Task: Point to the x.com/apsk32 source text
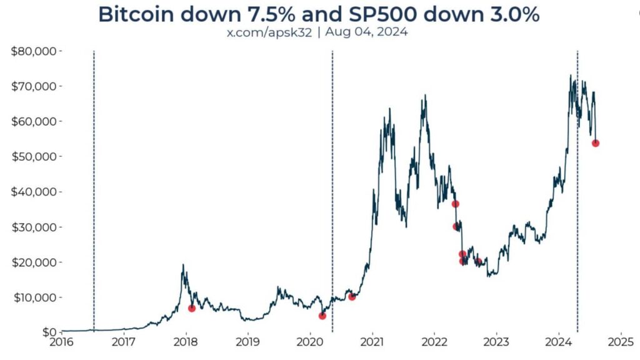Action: pyautogui.click(x=269, y=32)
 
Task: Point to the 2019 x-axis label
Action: pyautogui.click(x=248, y=342)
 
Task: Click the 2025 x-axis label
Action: pyautogui.click(x=621, y=342)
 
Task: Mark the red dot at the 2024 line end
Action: pyautogui.click(x=596, y=143)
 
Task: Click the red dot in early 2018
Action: pyautogui.click(x=192, y=308)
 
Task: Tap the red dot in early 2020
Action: pyautogui.click(x=322, y=316)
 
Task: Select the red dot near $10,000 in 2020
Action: pyautogui.click(x=352, y=297)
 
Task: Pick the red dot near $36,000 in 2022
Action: pyautogui.click(x=456, y=204)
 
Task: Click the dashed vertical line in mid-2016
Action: pyautogui.click(x=94, y=187)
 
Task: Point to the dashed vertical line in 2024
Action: pyautogui.click(x=577, y=187)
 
